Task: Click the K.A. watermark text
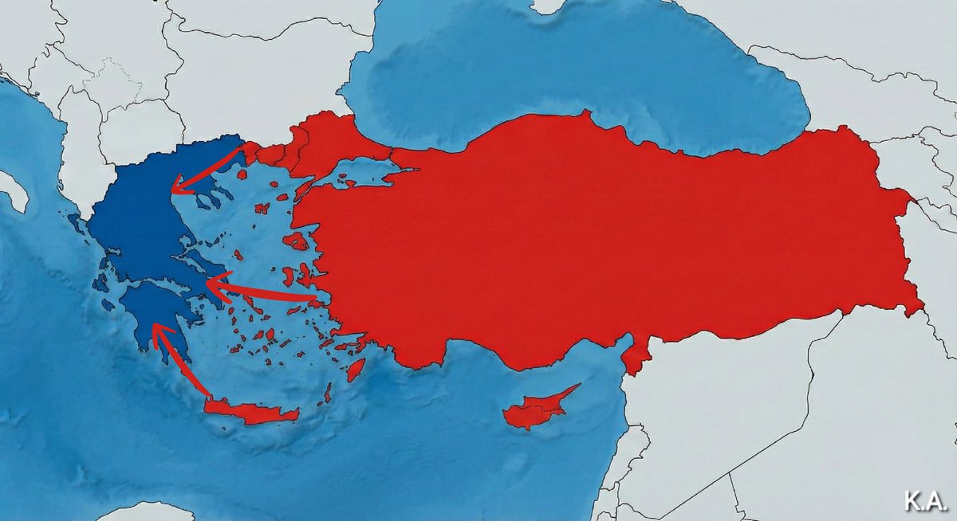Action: tap(924, 501)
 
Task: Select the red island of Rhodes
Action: tap(356, 369)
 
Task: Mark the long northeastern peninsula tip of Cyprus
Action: tap(576, 389)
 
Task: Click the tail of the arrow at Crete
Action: tap(209, 396)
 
